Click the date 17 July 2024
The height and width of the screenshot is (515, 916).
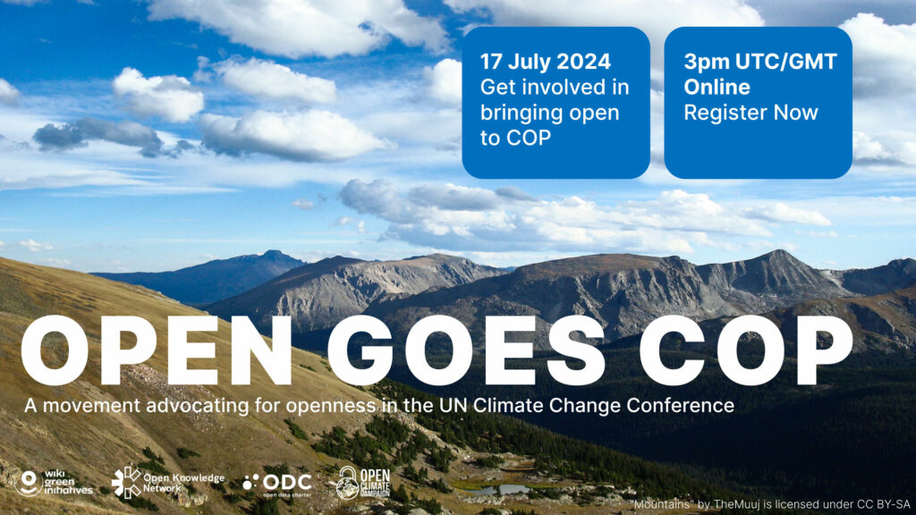click(545, 62)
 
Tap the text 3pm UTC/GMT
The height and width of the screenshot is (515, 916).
click(760, 62)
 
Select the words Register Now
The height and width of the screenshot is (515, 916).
click(751, 112)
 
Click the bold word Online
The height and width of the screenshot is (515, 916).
click(717, 87)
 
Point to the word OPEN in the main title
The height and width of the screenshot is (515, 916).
click(156, 350)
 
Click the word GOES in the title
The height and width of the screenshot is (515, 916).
click(465, 350)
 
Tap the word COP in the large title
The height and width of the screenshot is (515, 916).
click(746, 350)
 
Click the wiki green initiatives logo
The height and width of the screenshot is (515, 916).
click(55, 483)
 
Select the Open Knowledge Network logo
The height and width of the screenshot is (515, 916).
click(167, 482)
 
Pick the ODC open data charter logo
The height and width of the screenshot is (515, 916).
click(277, 484)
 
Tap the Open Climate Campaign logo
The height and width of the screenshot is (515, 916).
click(363, 482)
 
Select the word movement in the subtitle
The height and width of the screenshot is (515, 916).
click(92, 405)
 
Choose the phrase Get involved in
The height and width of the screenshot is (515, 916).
click(555, 87)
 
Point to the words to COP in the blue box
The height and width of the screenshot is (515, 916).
click(515, 138)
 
